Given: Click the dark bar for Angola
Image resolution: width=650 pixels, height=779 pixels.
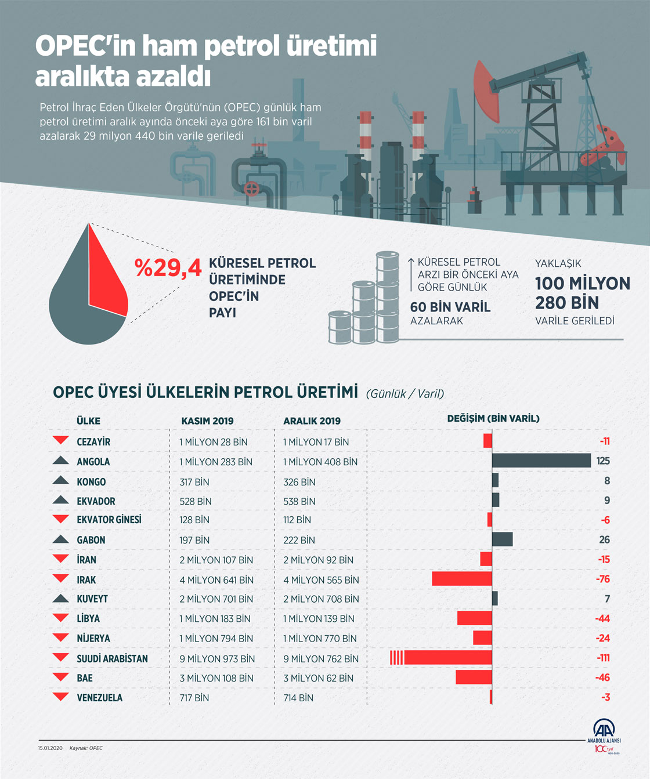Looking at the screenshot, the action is point(541,461).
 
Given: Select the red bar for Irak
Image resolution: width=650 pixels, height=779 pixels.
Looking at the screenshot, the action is point(462,579).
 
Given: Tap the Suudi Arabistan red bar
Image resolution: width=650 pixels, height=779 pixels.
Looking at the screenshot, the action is point(441,657).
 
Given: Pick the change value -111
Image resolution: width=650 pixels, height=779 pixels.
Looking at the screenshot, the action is point(603,657).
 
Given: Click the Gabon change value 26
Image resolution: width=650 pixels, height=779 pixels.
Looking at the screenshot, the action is point(605,539).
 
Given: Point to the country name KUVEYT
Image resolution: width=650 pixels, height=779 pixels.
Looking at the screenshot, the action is point(92,599).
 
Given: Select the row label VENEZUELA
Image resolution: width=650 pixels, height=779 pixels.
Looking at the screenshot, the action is point(100,698).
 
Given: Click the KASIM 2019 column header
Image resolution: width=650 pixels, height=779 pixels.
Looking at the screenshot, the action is point(207,421).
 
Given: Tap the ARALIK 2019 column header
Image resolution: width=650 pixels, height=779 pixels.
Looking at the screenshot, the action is point(312,421).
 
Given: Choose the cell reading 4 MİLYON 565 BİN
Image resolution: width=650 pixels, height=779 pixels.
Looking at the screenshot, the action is point(321,580).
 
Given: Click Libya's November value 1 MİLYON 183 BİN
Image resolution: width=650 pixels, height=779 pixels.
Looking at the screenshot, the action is point(215,618).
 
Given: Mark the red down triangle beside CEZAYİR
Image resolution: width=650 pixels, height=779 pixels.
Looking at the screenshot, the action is point(60,440).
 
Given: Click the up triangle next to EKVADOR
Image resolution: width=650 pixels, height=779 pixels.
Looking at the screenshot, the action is point(60,500).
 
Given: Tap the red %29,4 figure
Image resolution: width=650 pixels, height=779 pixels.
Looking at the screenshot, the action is point(168,267).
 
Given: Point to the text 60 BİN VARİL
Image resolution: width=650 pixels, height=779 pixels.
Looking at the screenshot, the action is point(450,307).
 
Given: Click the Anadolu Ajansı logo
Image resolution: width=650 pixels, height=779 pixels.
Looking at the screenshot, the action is point(604,736).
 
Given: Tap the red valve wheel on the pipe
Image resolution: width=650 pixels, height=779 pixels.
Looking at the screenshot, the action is point(251,189).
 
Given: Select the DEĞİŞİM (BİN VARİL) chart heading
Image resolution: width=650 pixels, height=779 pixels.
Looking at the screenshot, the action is point(493,419).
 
